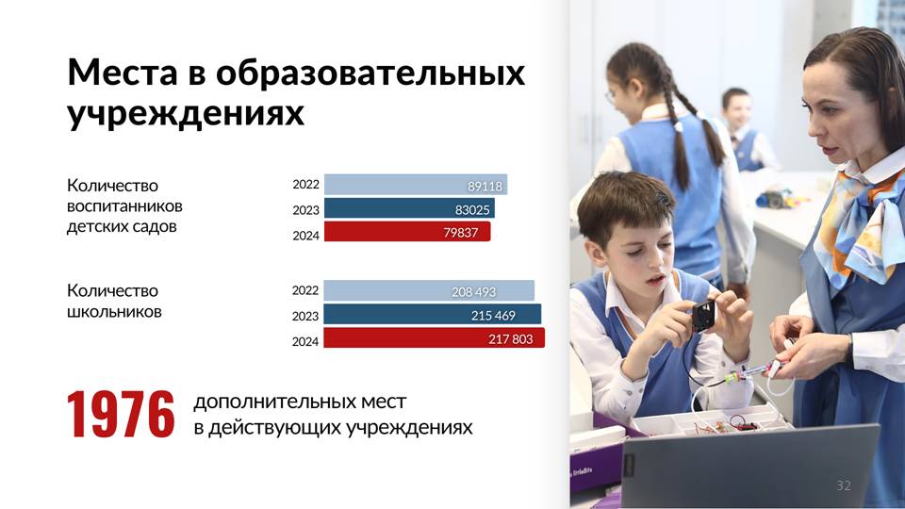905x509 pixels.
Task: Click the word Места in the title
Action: pyautogui.click(x=123, y=73)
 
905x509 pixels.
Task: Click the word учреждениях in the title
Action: pyautogui.click(x=186, y=112)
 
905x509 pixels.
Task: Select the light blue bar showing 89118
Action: pyautogui.click(x=416, y=185)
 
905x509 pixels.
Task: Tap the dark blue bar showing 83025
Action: pyautogui.click(x=409, y=208)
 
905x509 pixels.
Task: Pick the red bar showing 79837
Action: pyautogui.click(x=407, y=232)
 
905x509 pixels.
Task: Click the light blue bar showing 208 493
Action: pyautogui.click(x=429, y=291)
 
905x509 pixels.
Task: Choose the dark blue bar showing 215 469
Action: pyautogui.click(x=433, y=315)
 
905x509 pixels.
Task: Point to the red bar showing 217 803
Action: pyautogui.click(x=434, y=338)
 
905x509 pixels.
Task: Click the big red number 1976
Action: pyautogui.click(x=121, y=415)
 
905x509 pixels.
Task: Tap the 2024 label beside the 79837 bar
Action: pyautogui.click(x=305, y=236)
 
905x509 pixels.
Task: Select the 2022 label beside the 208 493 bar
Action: pyautogui.click(x=305, y=290)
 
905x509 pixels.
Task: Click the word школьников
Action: pyautogui.click(x=114, y=312)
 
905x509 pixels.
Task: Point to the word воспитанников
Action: pyautogui.click(x=124, y=206)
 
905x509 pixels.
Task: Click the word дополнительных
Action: pyautogui.click(x=300, y=402)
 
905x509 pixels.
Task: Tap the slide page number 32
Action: pyautogui.click(x=844, y=485)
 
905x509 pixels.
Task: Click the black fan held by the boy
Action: pyautogui.click(x=703, y=316)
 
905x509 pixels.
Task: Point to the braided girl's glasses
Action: pyautogui.click(x=611, y=96)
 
